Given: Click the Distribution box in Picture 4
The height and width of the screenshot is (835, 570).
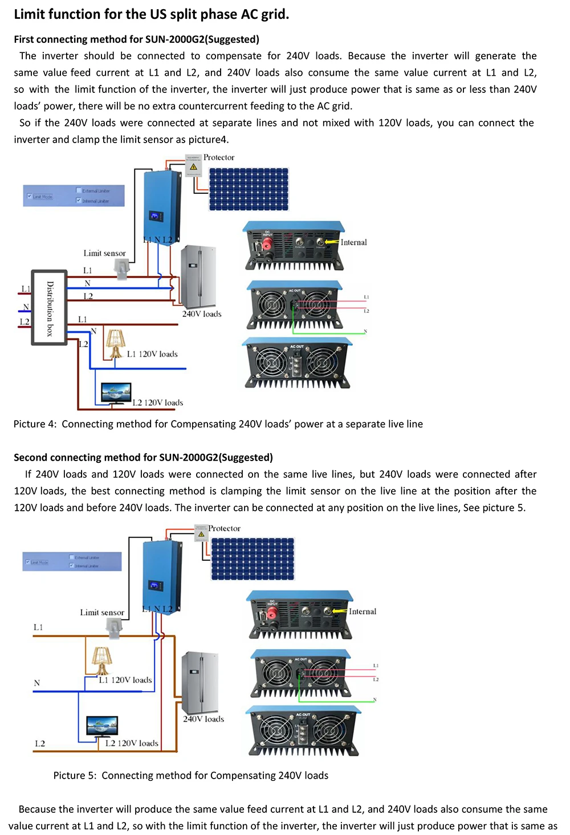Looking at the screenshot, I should pos(50,308).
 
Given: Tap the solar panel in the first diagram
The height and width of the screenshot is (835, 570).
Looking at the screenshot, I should pos(249,189).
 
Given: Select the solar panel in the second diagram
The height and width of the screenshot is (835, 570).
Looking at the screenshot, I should pos(253,559).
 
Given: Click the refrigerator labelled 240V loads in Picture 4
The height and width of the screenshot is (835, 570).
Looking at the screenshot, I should pos(198,277).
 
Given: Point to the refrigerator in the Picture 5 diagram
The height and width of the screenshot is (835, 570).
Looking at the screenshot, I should pos(200,682).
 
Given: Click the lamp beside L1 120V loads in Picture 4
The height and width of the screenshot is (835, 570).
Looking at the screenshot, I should pos(115,343).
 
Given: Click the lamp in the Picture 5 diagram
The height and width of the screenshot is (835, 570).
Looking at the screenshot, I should pos(102,661).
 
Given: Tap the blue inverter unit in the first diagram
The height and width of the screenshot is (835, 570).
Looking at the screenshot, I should pos(162,206).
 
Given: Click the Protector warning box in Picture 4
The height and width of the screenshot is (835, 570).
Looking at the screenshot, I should pos(194,166).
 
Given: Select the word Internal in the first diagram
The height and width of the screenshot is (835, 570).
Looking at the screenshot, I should pos(353,242).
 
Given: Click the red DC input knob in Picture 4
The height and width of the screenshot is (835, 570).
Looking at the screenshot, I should pos(266,245).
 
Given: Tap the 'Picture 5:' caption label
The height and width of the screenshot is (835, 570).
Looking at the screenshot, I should pos(75,775).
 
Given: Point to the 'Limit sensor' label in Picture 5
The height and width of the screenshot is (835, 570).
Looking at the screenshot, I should pos(102,612).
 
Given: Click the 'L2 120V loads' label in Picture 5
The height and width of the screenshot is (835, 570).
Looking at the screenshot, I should pos(132,743).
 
